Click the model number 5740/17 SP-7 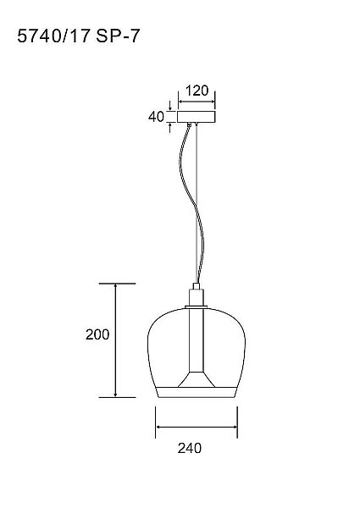click(x=78, y=36)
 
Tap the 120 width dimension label click(x=197, y=91)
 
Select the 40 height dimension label click(x=156, y=117)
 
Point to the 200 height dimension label click(x=97, y=334)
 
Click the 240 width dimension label click(x=190, y=448)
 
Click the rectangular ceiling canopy click(x=197, y=117)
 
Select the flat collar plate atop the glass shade click(x=196, y=306)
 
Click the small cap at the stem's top click(x=197, y=286)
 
